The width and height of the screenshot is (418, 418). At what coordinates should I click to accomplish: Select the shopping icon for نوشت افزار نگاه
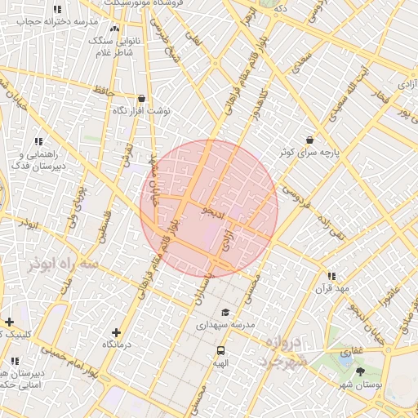tap(141, 98)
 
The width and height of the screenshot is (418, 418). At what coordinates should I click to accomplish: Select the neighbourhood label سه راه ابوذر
tap(63, 265)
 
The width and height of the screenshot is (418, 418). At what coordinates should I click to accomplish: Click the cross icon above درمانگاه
tap(116, 332)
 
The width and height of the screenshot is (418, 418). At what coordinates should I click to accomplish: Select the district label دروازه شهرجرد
tap(283, 351)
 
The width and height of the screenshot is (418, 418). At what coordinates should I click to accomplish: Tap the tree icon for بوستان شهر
tap(361, 371)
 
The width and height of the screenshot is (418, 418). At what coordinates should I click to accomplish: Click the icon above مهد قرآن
tap(331, 276)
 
